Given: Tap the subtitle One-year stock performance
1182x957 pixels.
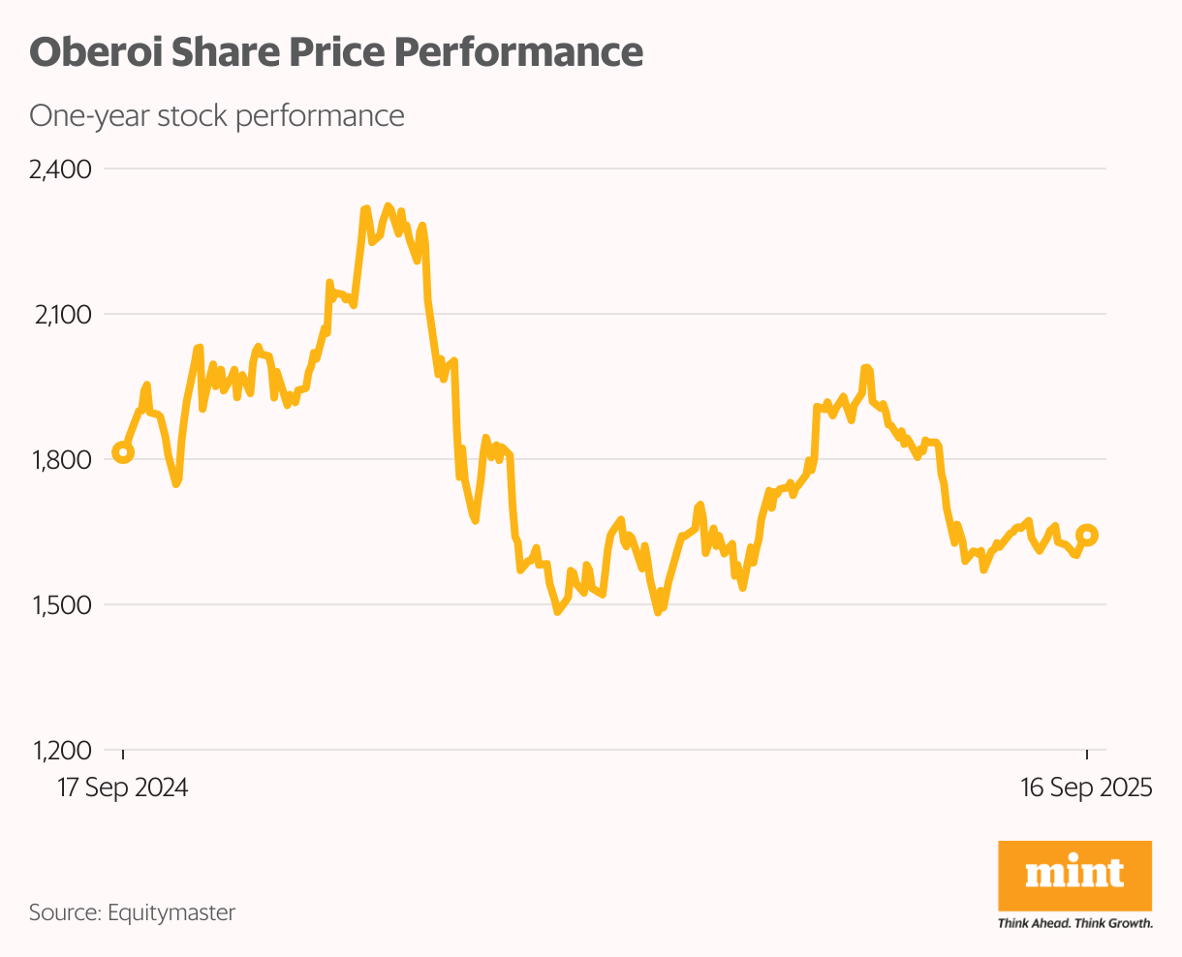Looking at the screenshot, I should [x=216, y=116].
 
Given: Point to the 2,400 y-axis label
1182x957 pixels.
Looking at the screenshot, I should [x=60, y=170].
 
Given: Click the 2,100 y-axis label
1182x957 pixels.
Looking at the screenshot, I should [x=61, y=315].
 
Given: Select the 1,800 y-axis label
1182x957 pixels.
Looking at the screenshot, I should [x=61, y=460].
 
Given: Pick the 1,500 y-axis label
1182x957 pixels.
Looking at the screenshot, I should [x=61, y=605].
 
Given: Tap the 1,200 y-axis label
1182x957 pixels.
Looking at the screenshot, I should [x=61, y=751].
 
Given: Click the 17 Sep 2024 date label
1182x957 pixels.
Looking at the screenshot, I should [x=123, y=787].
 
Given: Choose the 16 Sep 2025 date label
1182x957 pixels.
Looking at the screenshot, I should [x=1086, y=787].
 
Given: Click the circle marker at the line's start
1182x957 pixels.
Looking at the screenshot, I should [x=123, y=451].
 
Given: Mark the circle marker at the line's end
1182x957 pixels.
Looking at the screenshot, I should [x=1087, y=535].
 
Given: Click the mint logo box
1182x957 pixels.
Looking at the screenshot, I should [x=1074, y=876].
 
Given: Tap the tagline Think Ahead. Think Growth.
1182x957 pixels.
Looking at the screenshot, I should [x=1074, y=923].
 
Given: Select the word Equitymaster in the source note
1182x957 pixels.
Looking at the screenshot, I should [x=171, y=912].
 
